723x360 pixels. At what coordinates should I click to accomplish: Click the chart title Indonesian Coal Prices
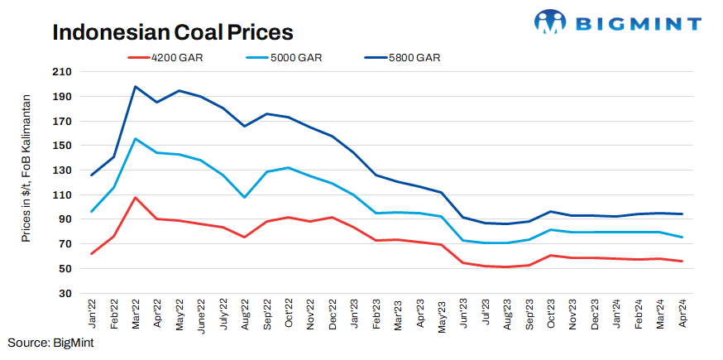[173, 32]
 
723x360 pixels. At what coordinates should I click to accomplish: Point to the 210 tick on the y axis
[62, 72]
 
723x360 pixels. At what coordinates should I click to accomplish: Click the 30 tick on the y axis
[65, 293]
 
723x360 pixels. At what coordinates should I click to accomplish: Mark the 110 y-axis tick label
[62, 195]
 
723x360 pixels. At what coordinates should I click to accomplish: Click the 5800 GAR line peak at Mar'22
[135, 87]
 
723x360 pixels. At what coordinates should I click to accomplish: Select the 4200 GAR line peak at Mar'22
[135, 198]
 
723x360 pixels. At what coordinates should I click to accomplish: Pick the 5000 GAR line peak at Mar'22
[135, 139]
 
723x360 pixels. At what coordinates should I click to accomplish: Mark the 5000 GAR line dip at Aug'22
[244, 197]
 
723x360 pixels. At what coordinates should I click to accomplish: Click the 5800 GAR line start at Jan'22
[92, 175]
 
